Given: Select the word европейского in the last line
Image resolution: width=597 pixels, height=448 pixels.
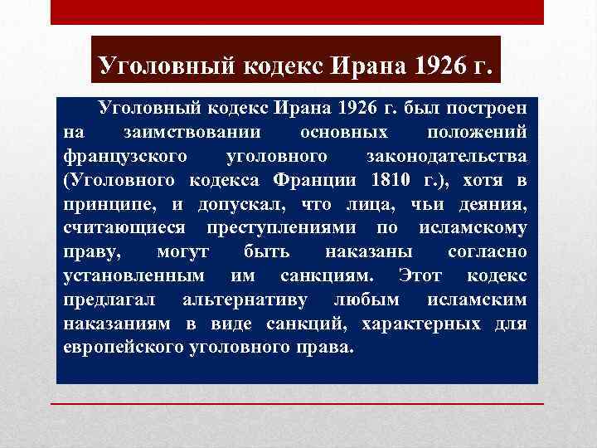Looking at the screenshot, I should (x=120, y=346).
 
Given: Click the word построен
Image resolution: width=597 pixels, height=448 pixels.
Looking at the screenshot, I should (x=493, y=110).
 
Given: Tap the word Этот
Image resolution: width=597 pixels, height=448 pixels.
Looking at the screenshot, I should (x=419, y=275).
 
